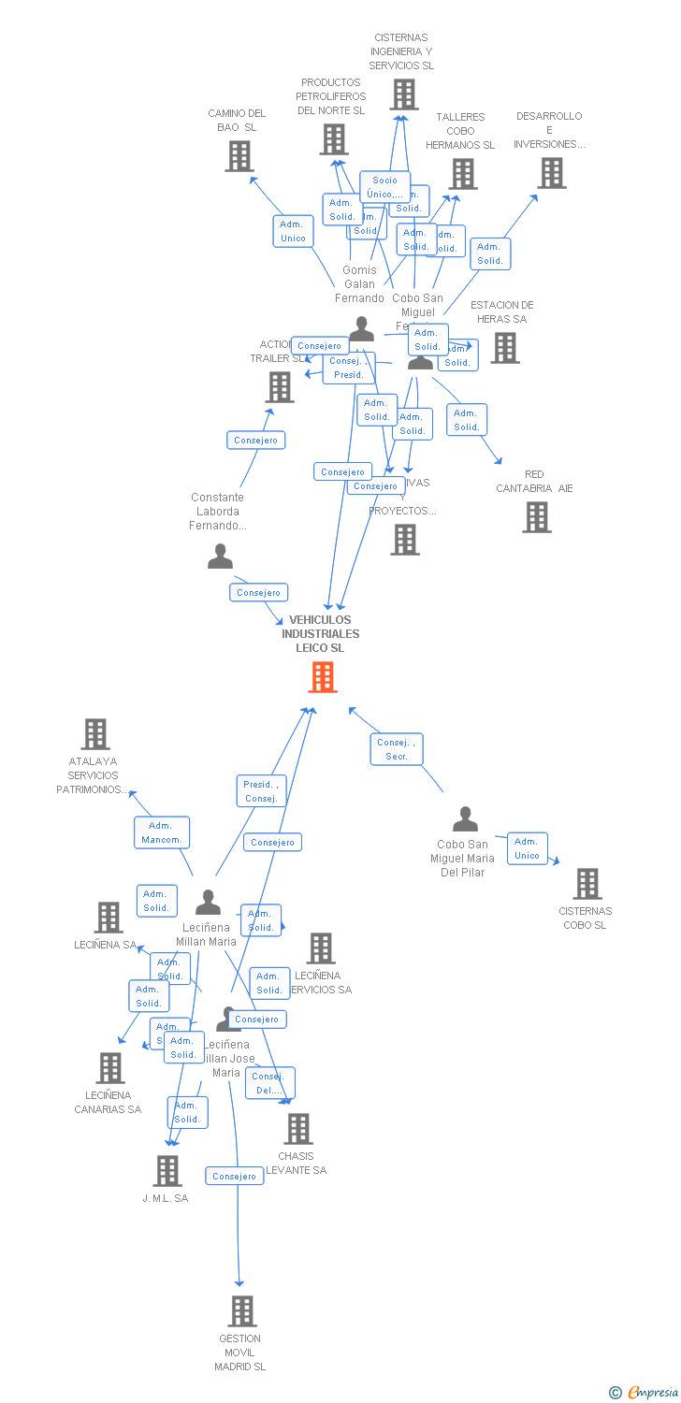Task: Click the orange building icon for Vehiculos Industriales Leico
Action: (323, 677)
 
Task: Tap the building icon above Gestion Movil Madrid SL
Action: (242, 1310)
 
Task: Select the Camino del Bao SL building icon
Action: (239, 156)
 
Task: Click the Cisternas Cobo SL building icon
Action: (587, 884)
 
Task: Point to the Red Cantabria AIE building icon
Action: (536, 517)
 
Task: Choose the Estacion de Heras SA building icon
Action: (505, 347)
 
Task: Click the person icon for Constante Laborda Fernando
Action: (220, 557)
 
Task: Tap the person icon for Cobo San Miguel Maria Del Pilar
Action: (465, 819)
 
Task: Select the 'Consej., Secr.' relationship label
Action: (397, 749)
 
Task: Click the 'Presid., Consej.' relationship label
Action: (260, 791)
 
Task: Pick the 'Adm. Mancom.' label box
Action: (161, 832)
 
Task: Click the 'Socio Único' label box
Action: (384, 187)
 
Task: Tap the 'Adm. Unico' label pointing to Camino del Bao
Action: (293, 231)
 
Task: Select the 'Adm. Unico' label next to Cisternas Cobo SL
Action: (527, 848)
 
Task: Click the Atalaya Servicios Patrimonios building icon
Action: (95, 734)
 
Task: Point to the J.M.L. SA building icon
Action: (167, 1170)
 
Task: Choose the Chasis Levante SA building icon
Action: (297, 1129)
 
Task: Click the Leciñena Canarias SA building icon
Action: (110, 1067)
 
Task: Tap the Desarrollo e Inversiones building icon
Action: (551, 173)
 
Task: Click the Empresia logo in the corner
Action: (645, 1392)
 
